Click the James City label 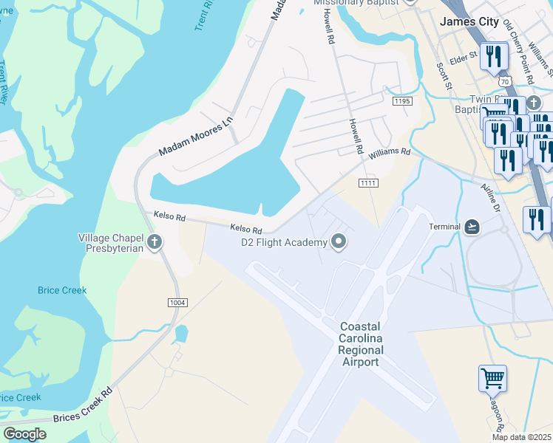(x=469, y=21)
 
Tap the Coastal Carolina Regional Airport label (x=361, y=344)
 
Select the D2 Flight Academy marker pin (x=339, y=241)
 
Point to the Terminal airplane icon (x=473, y=226)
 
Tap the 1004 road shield (x=178, y=303)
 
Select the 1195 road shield (x=401, y=101)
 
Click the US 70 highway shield (x=504, y=80)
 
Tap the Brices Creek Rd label (x=81, y=407)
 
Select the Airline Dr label (x=490, y=198)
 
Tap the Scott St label (x=444, y=76)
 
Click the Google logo (x=25, y=433)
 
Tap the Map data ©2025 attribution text (x=520, y=437)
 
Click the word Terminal (x=444, y=227)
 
